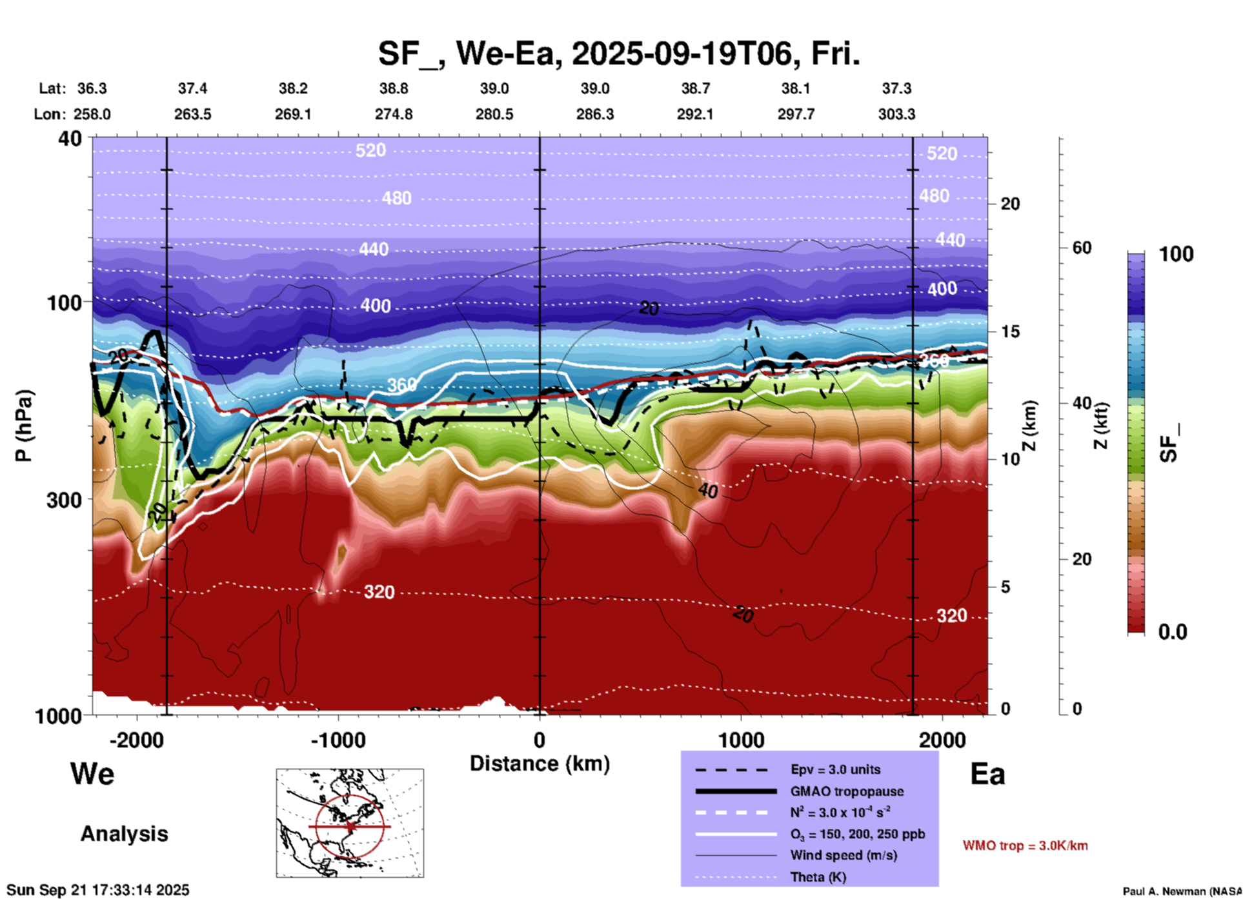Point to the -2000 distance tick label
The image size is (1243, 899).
tap(136, 740)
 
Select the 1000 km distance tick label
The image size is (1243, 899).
tap(741, 740)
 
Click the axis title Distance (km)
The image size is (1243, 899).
tap(540, 764)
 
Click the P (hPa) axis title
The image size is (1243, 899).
tap(24, 426)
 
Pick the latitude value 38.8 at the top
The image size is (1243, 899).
tap(394, 88)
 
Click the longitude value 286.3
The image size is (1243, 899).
tap(594, 114)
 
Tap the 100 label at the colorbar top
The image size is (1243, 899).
tap(1176, 254)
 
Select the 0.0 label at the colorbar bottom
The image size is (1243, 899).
tap(1173, 631)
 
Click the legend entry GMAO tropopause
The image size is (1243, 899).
tap(847, 791)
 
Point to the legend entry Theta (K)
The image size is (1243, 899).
tap(818, 877)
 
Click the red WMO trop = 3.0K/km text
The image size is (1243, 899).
tap(1025, 845)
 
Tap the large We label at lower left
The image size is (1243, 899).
tap(92, 774)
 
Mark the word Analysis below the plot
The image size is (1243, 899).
tap(124, 834)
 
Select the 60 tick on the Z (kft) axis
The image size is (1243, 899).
tap(1082, 248)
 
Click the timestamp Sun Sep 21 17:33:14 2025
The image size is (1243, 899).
tap(98, 891)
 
